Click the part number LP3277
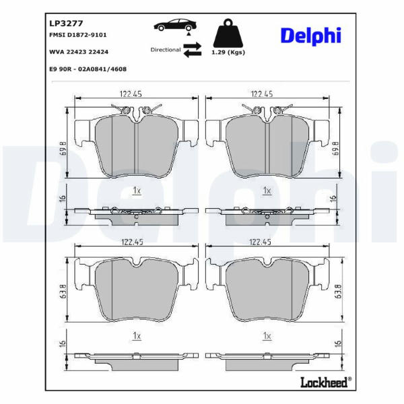click(66, 24)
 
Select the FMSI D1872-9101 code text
click(78, 35)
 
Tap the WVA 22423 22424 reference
click(79, 52)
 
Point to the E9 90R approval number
click(88, 69)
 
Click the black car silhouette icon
click(175, 26)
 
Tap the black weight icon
click(228, 33)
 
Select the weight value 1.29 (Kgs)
click(228, 53)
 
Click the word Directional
click(166, 50)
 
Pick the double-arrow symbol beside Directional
click(192, 50)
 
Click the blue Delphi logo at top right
click(311, 36)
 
